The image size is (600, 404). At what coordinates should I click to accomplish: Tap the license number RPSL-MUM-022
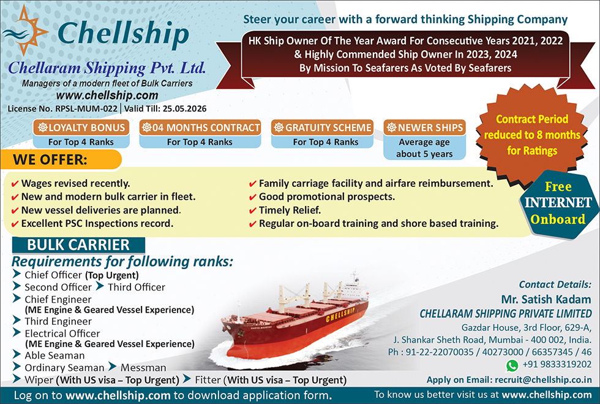coord(86,109)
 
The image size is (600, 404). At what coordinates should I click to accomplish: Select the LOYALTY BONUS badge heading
coord(81,128)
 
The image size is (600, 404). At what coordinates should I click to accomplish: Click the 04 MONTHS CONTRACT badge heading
coord(200,128)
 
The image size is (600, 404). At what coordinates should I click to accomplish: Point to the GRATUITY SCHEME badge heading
coord(322,128)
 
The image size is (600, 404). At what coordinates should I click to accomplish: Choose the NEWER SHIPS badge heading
coord(425,128)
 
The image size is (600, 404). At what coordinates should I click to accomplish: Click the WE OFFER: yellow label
coord(61,159)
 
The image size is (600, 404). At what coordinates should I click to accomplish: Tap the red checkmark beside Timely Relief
coord(252,211)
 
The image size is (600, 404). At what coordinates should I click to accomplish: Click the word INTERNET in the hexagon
coord(558,203)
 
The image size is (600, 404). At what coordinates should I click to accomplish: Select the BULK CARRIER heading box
coord(78,245)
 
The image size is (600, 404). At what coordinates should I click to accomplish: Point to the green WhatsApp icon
coord(512,365)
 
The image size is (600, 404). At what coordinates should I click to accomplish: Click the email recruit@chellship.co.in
coord(543,380)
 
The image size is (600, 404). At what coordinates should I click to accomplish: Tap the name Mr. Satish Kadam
coord(546,299)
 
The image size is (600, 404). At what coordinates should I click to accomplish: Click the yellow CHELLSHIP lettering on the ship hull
coord(340,314)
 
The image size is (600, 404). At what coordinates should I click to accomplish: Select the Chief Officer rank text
coord(53,275)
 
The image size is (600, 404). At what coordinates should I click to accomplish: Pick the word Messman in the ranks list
coord(143,368)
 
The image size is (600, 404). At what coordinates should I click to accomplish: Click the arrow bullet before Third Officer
coord(100,286)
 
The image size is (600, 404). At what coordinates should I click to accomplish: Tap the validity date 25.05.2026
coord(184,109)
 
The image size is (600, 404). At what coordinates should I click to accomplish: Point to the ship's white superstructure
coord(353,287)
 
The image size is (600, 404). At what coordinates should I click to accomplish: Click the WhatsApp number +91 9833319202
coord(557,364)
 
